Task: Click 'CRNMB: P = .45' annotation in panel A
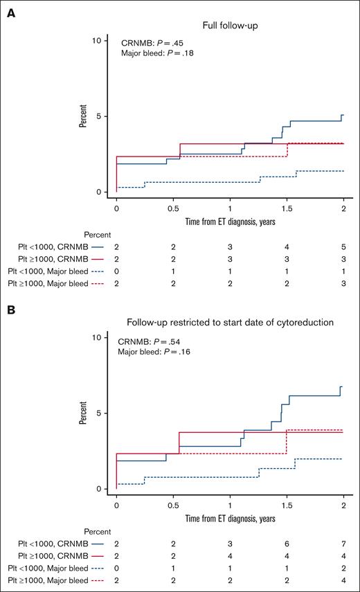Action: tap(149, 41)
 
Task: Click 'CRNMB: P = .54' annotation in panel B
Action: tap(149, 339)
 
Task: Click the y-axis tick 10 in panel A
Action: tap(97, 40)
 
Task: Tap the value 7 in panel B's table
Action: tap(343, 544)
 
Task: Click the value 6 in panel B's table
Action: tap(287, 544)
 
